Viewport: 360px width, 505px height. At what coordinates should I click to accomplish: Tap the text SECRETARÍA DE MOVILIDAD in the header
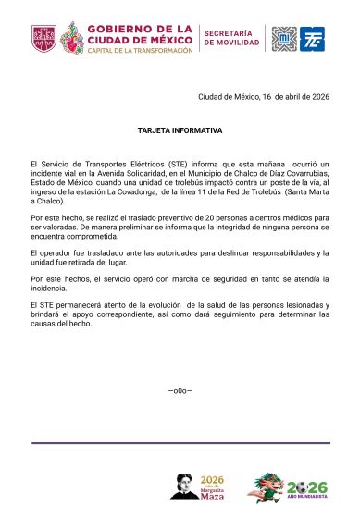(231, 38)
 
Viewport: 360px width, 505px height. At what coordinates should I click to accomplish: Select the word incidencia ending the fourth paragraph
(51, 288)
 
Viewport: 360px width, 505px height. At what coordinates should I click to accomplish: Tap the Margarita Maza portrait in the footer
(184, 485)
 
